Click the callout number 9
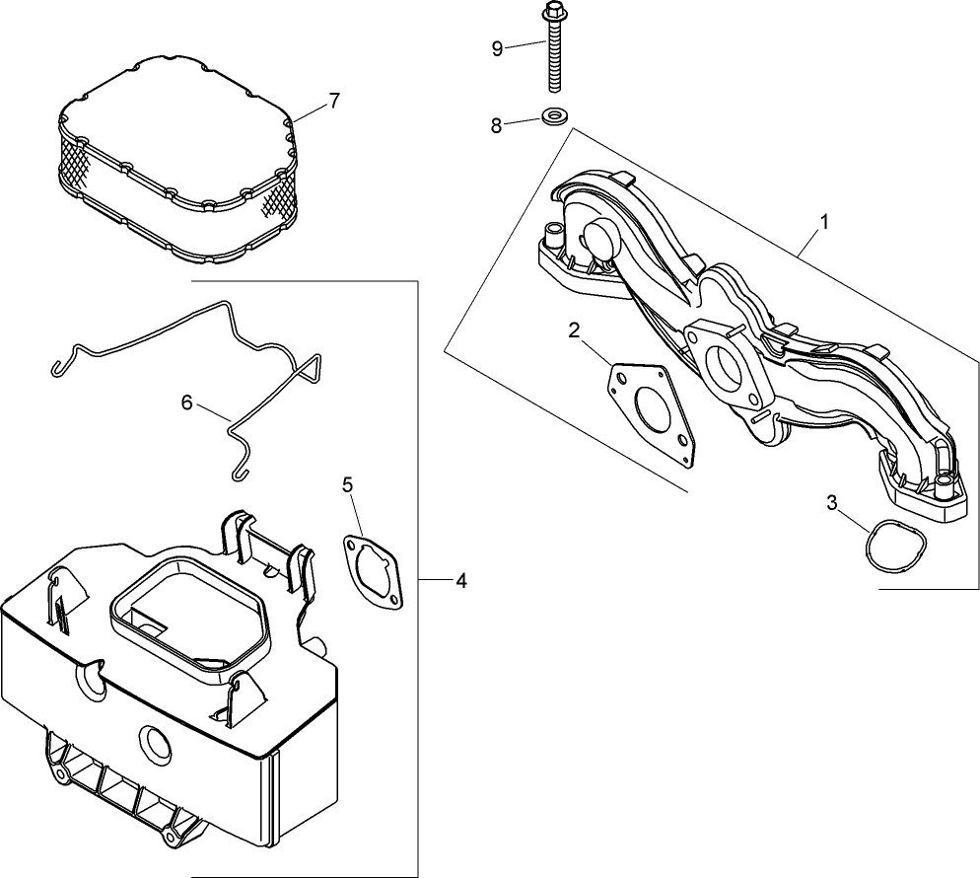point(497,47)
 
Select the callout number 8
point(497,124)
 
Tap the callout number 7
point(334,100)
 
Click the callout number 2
point(574,329)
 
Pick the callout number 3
point(832,503)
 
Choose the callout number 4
point(460,581)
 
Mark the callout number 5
point(347,484)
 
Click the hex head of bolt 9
point(551,14)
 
